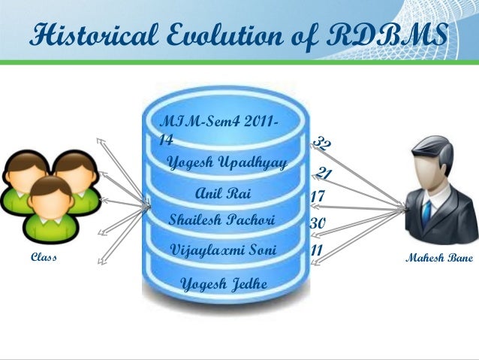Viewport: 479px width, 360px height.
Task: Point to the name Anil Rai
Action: point(222,194)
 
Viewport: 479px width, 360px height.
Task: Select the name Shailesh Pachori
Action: point(223,221)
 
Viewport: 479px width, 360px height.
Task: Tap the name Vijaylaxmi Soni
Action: point(223,249)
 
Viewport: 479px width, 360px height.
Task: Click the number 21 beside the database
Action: point(324,174)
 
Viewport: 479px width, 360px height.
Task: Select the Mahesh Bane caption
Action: point(438,258)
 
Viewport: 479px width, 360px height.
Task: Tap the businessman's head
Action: point(430,162)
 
